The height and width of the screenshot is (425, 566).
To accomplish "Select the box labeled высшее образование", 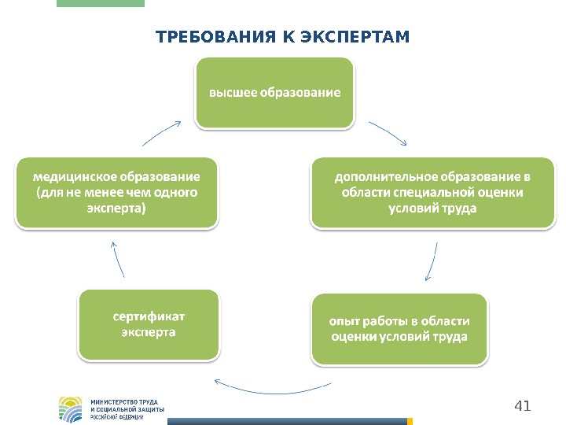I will [274, 92].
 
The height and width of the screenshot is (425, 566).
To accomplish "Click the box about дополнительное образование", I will [432, 192].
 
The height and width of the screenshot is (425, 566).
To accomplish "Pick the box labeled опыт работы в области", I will [399, 329].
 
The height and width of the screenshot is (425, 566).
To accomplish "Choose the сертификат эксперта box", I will [149, 324].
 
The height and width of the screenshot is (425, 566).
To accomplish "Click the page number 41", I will [522, 406].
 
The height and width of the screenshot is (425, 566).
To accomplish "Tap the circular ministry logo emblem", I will [71, 409].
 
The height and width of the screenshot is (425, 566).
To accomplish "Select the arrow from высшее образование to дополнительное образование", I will [388, 133].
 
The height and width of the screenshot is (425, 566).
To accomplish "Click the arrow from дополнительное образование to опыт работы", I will [432, 262].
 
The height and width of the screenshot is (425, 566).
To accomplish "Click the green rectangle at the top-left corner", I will [101, 3].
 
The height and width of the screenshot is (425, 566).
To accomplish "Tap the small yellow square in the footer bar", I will [410, 422].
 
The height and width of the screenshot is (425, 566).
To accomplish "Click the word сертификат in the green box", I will [149, 316].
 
